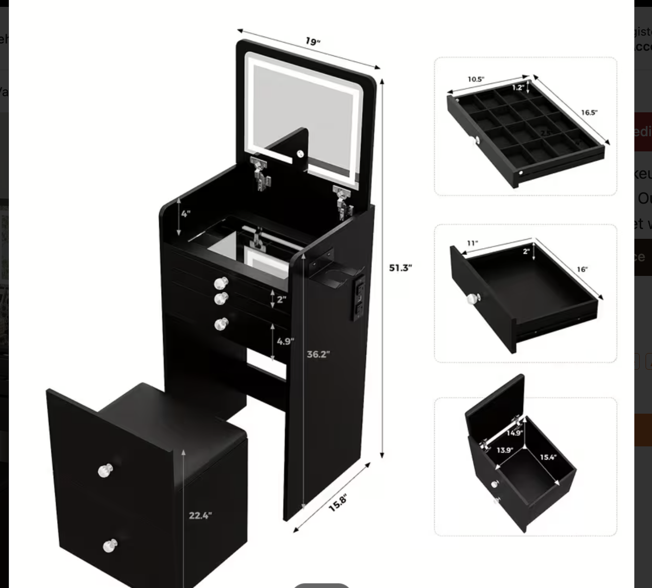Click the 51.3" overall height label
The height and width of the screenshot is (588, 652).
point(400,268)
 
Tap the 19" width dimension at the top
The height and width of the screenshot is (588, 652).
point(313,41)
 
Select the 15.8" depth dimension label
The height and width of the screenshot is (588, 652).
point(338,503)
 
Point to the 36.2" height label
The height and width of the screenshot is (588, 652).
point(318,354)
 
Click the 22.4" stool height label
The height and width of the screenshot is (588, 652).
point(200,515)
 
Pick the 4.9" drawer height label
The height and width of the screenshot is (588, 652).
point(285,341)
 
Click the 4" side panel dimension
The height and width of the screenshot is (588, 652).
point(186,214)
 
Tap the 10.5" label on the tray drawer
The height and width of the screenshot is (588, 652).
point(476,79)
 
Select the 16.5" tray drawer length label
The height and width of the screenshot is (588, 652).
point(589,112)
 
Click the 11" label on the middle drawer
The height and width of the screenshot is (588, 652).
point(472,243)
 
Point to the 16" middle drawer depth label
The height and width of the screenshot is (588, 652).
point(582,269)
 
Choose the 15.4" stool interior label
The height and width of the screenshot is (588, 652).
point(548,457)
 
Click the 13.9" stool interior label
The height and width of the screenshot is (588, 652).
point(505,450)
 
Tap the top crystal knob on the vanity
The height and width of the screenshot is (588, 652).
point(221,283)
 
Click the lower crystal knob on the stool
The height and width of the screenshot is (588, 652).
point(110,545)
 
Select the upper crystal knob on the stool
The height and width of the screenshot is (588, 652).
point(105,471)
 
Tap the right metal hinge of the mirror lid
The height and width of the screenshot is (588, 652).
point(343,201)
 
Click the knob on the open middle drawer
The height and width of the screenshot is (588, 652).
point(474,298)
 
